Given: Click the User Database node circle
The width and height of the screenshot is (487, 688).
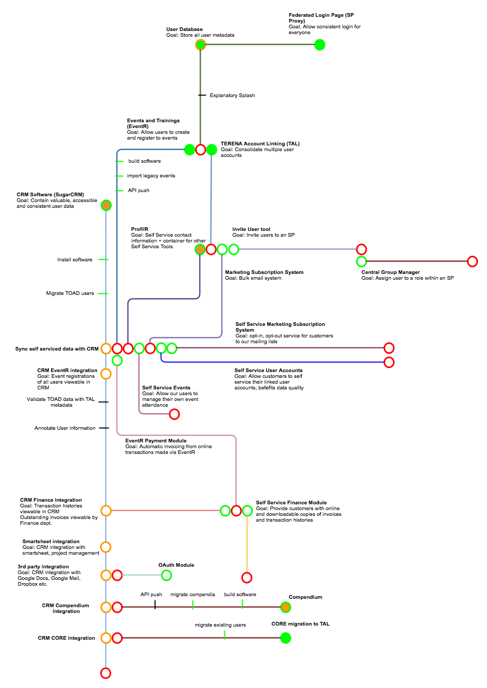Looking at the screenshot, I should [x=200, y=45].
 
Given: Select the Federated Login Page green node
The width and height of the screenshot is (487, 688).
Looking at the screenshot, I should [x=320, y=45].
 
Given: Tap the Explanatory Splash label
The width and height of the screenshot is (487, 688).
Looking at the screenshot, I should [x=232, y=96].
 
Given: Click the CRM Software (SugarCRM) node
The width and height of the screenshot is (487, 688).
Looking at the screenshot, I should [x=106, y=205].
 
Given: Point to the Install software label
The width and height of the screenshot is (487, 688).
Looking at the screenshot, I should [x=75, y=260].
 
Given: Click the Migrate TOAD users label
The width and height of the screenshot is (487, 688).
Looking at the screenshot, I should [x=70, y=293].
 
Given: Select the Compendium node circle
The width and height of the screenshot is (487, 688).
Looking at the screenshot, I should [x=285, y=607].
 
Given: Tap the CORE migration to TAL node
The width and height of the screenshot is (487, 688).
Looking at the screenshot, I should [x=285, y=638].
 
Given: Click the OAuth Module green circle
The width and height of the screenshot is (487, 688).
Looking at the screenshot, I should [x=166, y=575].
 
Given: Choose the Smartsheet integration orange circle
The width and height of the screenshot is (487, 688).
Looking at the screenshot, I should [x=106, y=547].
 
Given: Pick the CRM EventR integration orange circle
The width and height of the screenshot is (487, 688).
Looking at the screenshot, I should [x=106, y=374].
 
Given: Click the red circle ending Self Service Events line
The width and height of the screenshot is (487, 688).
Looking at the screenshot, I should [x=174, y=414].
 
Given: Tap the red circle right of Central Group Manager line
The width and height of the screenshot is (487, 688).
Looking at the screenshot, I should [x=472, y=261].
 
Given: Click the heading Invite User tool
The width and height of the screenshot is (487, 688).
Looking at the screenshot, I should [x=251, y=229].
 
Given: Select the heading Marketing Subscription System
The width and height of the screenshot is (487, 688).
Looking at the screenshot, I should [x=264, y=272].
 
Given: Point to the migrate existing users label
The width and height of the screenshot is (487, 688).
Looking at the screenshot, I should [x=220, y=625].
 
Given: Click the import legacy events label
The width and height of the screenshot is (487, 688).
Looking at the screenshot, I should [x=151, y=176].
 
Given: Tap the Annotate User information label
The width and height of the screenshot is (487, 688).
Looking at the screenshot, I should [x=65, y=428].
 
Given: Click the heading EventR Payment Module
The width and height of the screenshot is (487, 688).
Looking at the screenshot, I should [x=156, y=441].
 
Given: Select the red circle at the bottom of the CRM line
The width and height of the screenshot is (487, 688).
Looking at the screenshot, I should [x=106, y=673].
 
